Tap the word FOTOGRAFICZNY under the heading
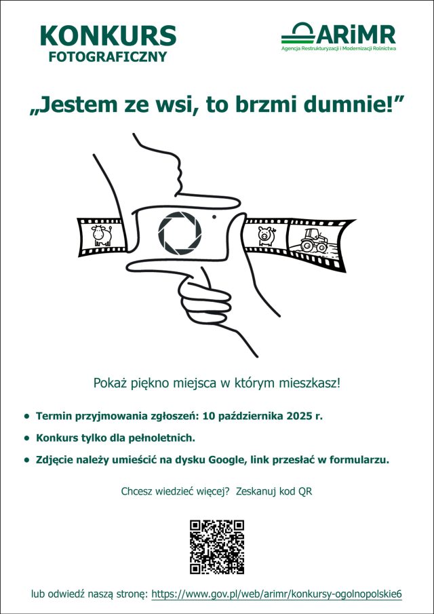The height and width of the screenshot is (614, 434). [x=108, y=57]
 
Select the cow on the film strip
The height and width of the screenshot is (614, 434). [x=102, y=235]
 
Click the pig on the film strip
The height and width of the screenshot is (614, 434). [x=264, y=235]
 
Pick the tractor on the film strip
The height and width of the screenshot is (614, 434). [x=313, y=239]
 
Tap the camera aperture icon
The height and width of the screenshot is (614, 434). [x=180, y=231]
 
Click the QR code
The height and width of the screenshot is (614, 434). [x=216, y=547]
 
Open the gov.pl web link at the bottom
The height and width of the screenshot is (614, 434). [x=276, y=594]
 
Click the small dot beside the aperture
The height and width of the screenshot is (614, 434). [x=214, y=216]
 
